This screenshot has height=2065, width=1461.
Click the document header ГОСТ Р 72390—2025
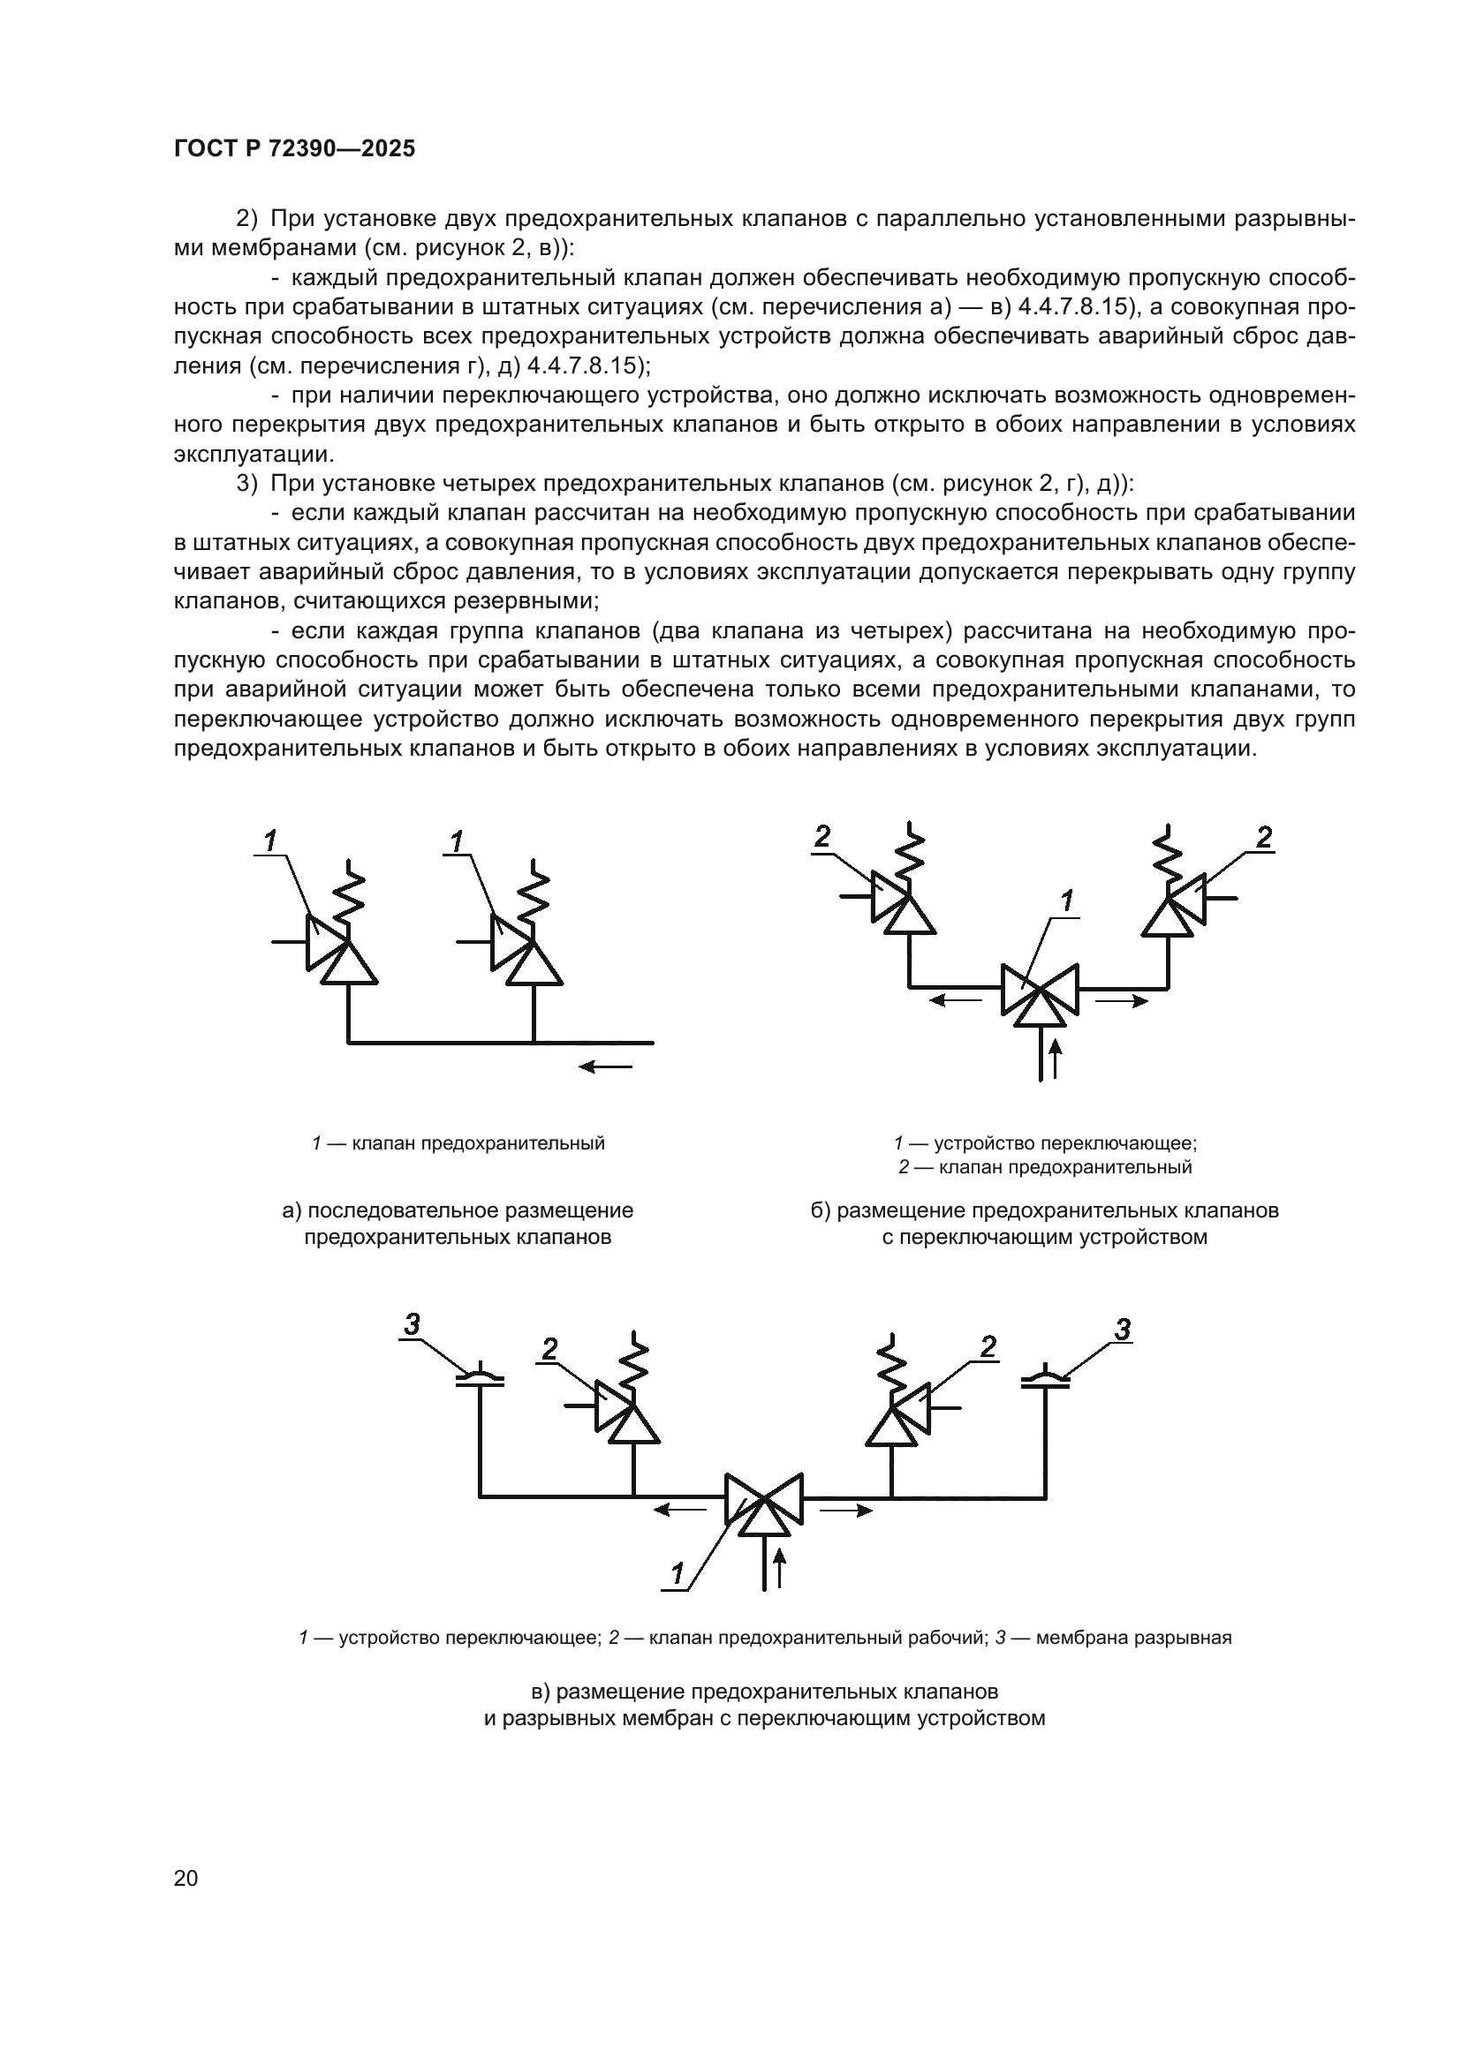tap(294, 149)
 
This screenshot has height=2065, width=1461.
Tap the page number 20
tap(185, 1878)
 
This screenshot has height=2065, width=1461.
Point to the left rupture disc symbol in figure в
tap(480, 1379)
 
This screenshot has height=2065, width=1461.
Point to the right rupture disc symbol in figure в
tap(1045, 1379)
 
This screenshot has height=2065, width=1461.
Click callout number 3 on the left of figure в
tap(412, 1325)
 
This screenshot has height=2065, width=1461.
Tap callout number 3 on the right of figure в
tap(1122, 1329)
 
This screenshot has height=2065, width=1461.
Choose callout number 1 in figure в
tap(678, 1574)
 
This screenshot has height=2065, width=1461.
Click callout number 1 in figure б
tap(1067, 901)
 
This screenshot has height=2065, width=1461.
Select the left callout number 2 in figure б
tap(821, 837)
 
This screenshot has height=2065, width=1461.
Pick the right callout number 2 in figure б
tap(1264, 837)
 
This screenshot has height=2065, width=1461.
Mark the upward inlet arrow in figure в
tap(780, 1568)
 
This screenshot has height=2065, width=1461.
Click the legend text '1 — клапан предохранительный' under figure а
tap(458, 1143)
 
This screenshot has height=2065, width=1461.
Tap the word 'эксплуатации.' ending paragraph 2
tap(254, 453)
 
